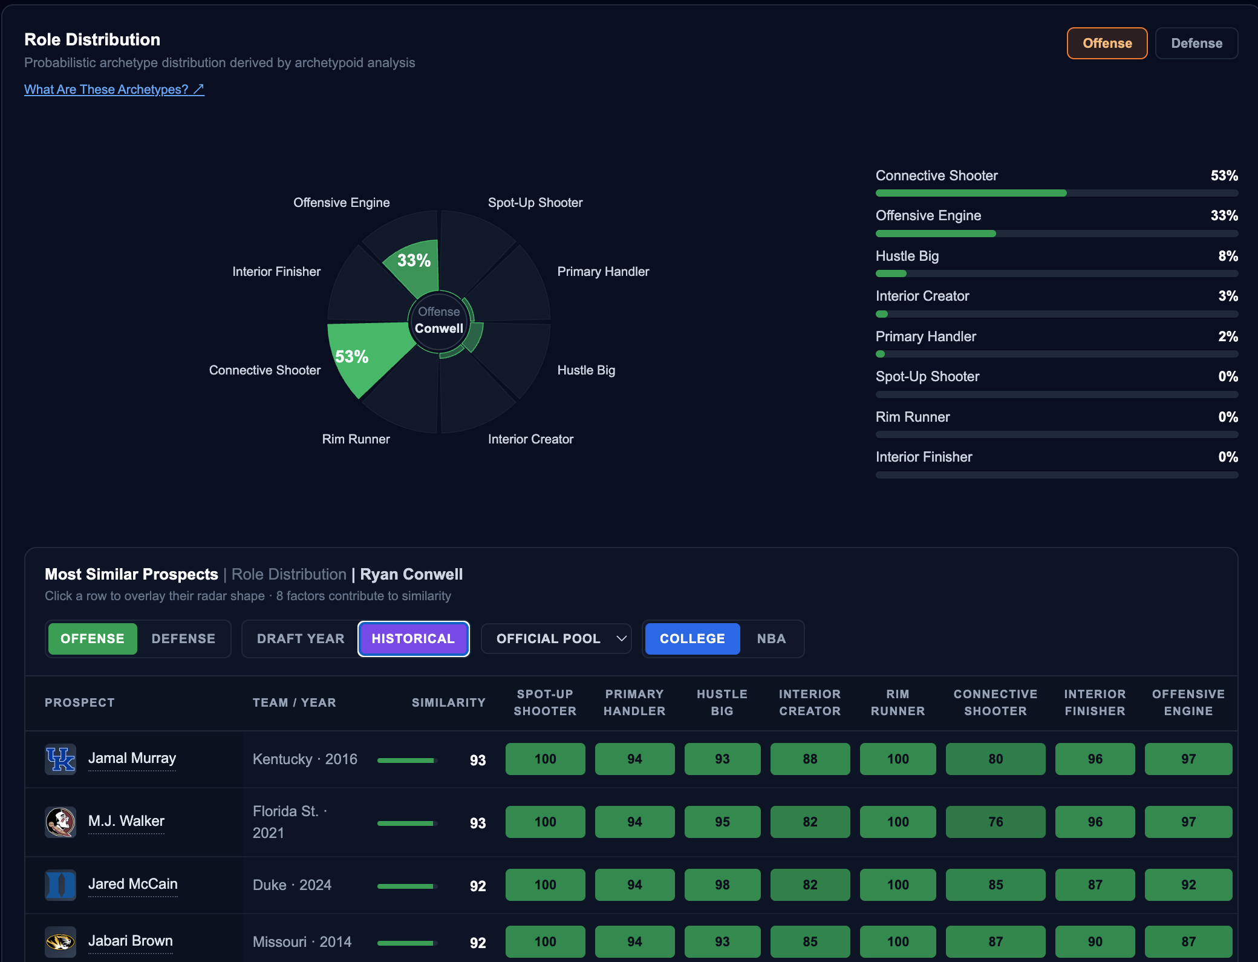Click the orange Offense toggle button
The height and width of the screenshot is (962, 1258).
1107,44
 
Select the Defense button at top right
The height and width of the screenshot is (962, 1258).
1196,44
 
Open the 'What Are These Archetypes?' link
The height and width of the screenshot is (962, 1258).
114,90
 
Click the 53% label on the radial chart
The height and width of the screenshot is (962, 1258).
351,357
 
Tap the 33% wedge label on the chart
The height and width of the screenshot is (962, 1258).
414,261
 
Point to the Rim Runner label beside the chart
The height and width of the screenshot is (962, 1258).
356,439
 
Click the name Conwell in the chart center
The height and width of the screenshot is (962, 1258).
439,329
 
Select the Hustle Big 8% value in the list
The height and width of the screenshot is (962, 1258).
1228,256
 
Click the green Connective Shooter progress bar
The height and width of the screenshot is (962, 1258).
971,193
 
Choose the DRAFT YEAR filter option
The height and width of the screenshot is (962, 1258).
301,639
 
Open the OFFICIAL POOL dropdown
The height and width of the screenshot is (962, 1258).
556,639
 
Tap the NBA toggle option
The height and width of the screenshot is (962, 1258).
771,639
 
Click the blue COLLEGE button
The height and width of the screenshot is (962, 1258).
693,639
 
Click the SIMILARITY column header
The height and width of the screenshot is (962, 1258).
449,702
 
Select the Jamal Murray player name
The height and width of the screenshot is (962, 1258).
132,759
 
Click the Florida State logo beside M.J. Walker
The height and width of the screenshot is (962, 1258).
60,822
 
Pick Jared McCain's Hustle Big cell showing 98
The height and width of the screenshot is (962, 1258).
722,885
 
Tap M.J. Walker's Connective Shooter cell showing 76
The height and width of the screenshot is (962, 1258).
996,822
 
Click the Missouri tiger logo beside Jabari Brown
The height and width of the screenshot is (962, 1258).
60,942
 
